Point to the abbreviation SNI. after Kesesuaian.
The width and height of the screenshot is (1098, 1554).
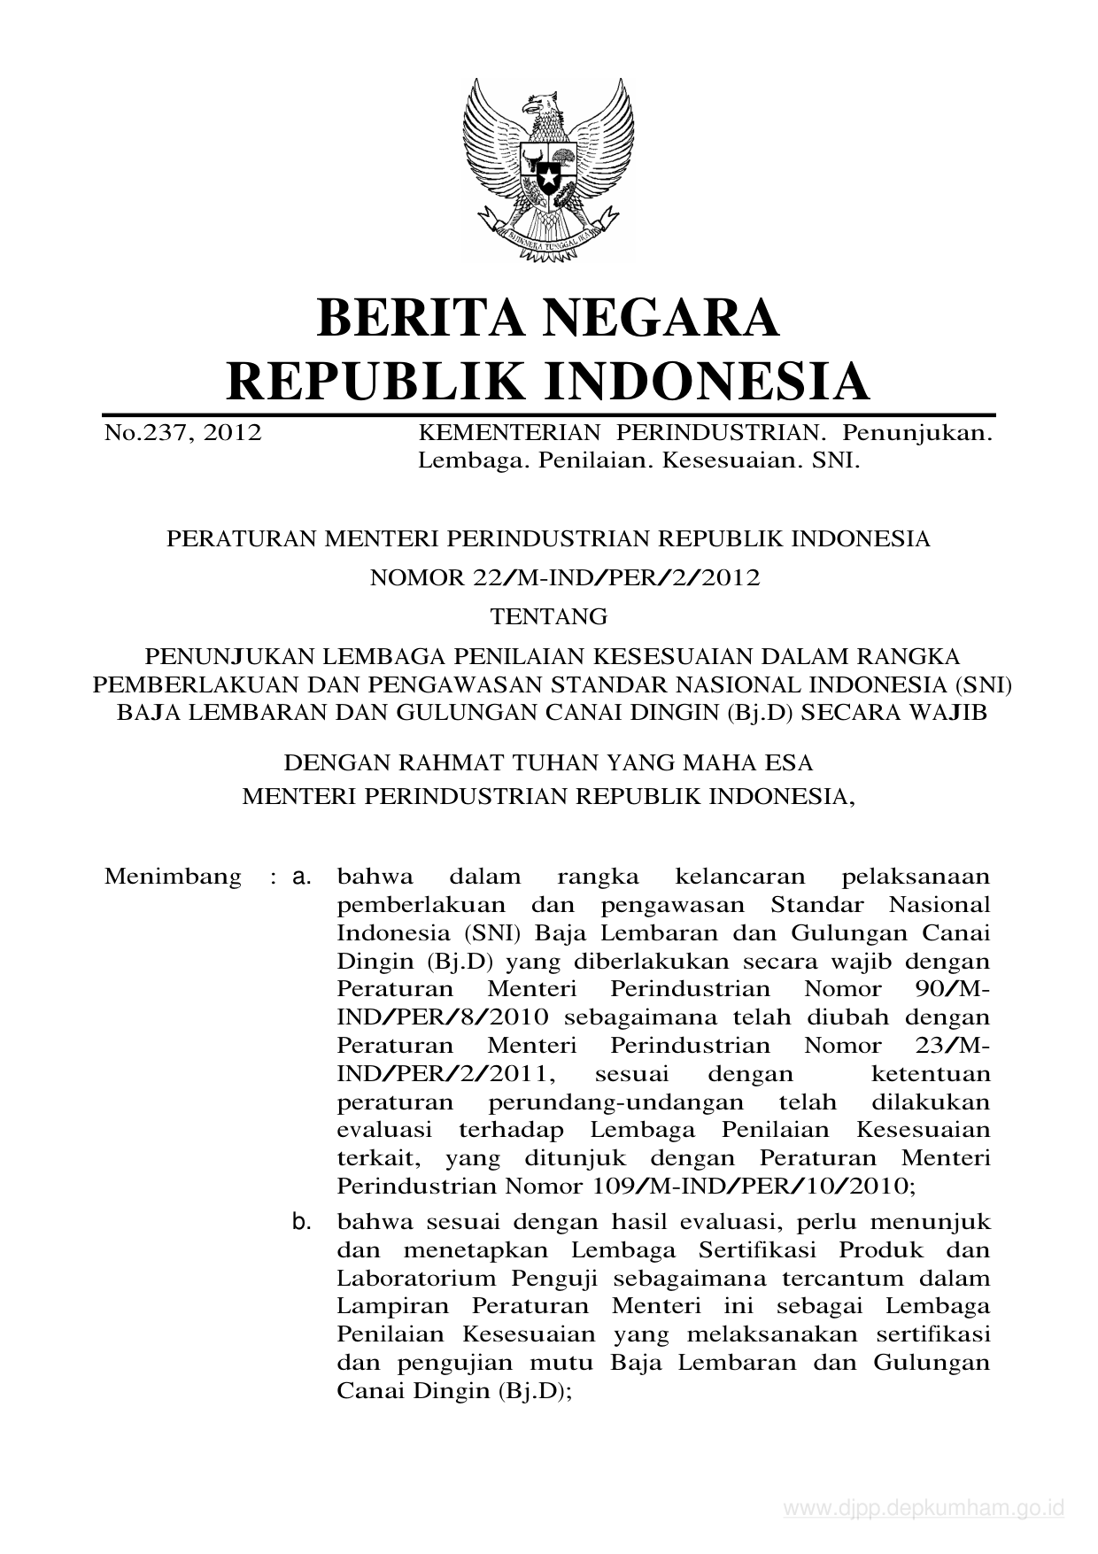tap(836, 460)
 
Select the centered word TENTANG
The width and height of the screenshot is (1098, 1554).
tap(549, 616)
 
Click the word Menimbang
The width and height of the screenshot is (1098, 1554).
tap(173, 877)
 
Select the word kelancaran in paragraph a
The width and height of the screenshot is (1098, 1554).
tap(740, 877)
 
